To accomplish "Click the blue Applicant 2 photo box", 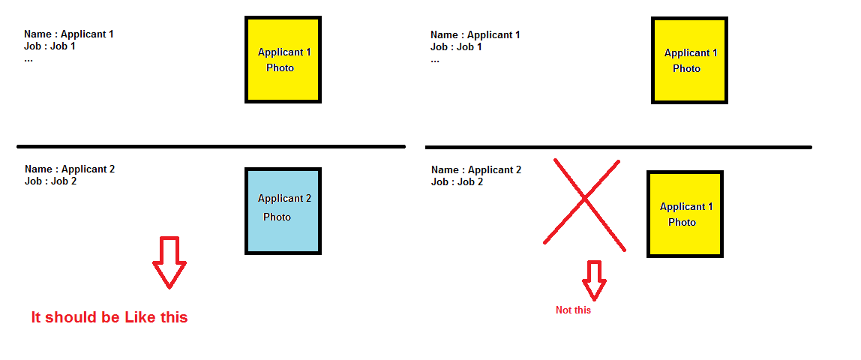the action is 283,211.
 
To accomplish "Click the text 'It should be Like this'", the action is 109,317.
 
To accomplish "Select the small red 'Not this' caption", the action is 573,310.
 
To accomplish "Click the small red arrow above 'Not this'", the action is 594,280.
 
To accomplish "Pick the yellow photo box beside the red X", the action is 685,214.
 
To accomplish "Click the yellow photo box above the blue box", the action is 283,59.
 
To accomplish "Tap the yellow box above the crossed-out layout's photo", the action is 689,61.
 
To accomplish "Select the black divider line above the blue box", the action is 211,146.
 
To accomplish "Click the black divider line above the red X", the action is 618,147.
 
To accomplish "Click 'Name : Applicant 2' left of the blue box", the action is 70,169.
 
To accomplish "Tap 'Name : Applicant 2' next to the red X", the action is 476,170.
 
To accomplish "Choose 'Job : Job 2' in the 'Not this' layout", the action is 457,182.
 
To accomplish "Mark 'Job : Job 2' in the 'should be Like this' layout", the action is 50,181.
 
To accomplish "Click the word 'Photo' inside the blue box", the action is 277,217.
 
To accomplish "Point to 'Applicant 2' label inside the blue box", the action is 284,199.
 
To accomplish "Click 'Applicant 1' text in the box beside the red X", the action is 686,207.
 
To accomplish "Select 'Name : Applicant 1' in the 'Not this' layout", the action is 475,35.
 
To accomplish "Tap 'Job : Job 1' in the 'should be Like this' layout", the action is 49,46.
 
